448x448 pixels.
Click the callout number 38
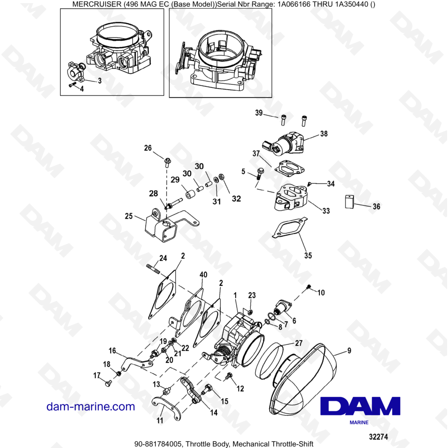pyautogui.click(x=323, y=134)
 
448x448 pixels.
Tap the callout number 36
pyautogui.click(x=376, y=207)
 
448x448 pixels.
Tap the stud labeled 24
pyautogui.click(x=154, y=269)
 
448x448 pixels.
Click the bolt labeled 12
pyautogui.click(x=230, y=379)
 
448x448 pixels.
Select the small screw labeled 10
pyautogui.click(x=308, y=286)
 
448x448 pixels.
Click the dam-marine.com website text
pyautogui.click(x=90, y=407)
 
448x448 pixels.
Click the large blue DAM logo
pyautogui.click(x=361, y=406)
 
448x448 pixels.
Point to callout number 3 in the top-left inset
pyautogui.click(x=99, y=81)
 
